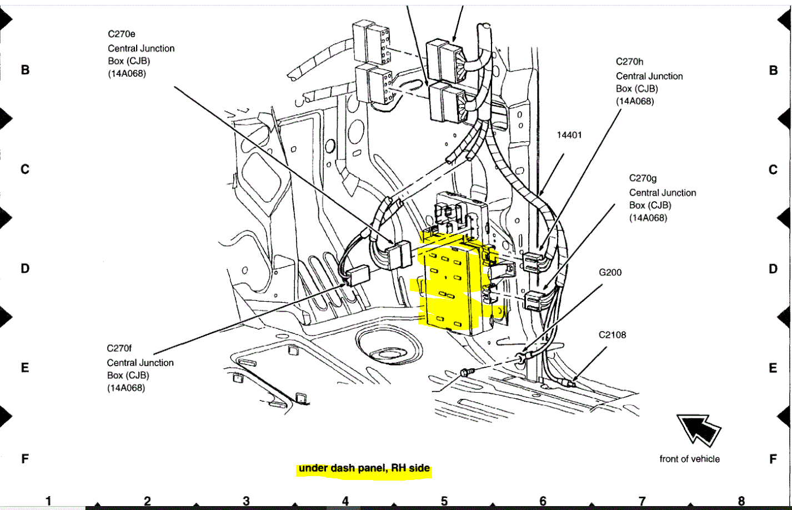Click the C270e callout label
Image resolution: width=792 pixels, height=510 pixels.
point(121,34)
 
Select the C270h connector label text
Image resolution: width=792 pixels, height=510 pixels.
point(630,62)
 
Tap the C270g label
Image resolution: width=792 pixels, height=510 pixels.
point(643,178)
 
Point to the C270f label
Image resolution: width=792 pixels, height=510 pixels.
point(119,348)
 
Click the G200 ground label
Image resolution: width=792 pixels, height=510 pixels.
point(610,272)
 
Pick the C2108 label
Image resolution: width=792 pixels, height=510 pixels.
point(612,335)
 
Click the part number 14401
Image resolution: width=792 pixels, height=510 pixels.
point(569,135)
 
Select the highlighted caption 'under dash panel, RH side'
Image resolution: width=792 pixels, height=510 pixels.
point(364,468)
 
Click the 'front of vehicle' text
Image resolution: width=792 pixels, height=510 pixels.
point(689,459)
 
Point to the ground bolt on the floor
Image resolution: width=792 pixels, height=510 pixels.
point(466,371)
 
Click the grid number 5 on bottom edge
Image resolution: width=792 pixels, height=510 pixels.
point(444,501)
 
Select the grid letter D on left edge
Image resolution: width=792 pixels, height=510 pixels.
point(25,269)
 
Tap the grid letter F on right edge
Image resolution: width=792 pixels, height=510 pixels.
point(773,459)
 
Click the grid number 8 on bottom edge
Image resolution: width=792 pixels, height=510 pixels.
point(741,501)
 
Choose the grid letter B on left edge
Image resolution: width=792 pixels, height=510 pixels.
point(25,70)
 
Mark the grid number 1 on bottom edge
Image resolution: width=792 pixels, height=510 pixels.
point(48,501)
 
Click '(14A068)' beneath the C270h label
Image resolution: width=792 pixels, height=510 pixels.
point(635,101)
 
